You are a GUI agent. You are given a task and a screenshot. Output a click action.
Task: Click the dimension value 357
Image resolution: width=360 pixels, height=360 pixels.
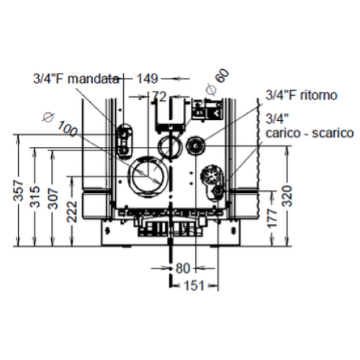19,190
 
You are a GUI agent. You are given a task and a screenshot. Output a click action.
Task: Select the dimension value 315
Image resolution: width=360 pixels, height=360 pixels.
35,197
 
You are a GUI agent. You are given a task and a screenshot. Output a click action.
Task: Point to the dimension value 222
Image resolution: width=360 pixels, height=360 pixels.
72,212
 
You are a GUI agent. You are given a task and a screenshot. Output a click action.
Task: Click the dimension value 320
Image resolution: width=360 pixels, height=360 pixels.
287,196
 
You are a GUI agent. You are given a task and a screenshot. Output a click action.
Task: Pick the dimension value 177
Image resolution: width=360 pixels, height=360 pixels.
272,218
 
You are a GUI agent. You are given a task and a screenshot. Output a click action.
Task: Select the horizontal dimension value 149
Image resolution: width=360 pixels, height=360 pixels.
147,78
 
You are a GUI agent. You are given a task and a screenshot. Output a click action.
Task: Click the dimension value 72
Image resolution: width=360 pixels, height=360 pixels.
159,96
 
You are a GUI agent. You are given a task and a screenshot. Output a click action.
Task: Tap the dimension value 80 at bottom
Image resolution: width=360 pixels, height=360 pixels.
183,268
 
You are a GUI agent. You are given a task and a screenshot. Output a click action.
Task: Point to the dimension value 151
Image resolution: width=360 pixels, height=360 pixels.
194,286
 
